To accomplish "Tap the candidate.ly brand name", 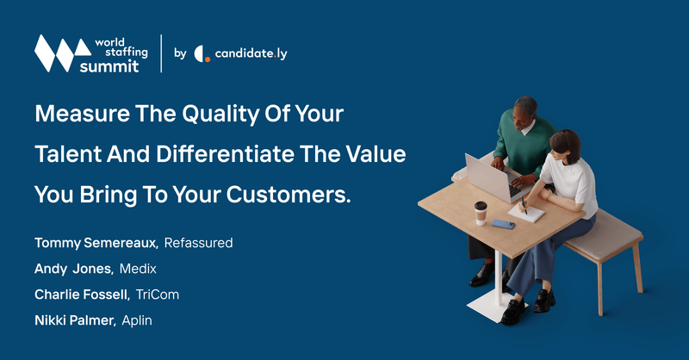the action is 251,53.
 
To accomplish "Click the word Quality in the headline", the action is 220,115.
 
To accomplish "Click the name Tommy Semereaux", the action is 96,243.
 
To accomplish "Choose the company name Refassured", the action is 198,243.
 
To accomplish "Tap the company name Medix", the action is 138,269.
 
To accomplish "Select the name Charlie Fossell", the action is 82,295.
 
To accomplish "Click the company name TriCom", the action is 158,295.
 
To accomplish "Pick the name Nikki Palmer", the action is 75,320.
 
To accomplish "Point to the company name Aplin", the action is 137,321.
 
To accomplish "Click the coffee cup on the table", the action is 481,214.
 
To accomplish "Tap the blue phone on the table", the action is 503,224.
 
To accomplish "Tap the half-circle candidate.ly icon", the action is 202,54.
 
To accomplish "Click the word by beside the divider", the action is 180,53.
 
